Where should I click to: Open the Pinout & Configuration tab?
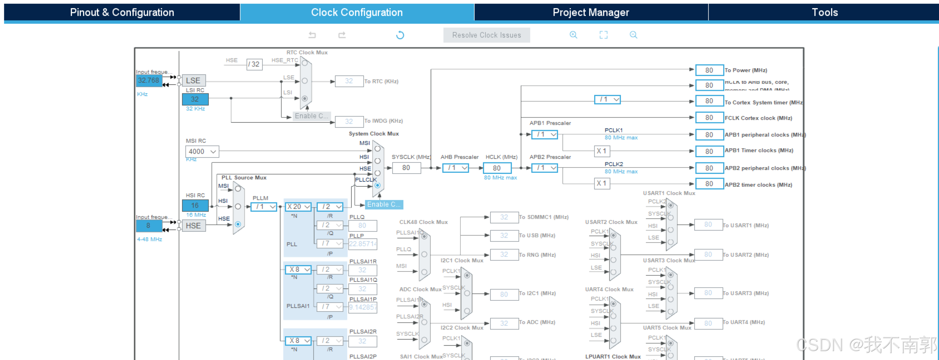122,12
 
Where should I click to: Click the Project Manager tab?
591,12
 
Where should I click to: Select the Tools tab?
824,12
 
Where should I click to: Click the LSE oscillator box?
193,80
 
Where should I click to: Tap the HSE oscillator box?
193,225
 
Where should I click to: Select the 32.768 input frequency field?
149,80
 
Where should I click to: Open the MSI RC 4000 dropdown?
202,151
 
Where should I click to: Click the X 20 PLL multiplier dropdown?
298,207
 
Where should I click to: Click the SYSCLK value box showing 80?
406,168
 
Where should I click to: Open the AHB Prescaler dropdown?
455,168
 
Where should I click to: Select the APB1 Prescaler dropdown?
544,134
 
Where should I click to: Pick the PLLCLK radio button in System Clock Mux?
377,185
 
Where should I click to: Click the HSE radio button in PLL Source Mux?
238,224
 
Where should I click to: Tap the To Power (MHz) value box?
709,70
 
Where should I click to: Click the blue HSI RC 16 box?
195,205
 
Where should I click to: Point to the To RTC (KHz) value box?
349,81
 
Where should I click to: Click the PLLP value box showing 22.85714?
363,244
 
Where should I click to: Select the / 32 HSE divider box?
254,64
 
